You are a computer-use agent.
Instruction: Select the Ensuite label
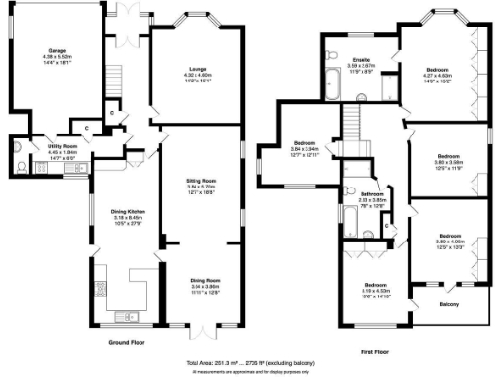pyautogui.click(x=362, y=60)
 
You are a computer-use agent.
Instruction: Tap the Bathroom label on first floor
pyautogui.click(x=370, y=194)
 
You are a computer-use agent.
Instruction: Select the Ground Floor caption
pyautogui.click(x=131, y=342)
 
